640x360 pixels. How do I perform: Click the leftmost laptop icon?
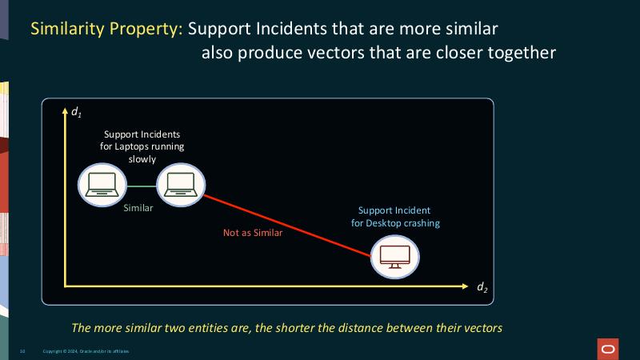click(x=102, y=185)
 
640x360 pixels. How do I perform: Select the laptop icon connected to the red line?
click(x=177, y=185)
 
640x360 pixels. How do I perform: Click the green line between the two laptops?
click(x=139, y=186)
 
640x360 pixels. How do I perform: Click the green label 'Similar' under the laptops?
click(x=138, y=209)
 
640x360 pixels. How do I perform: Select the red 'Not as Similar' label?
click(x=253, y=234)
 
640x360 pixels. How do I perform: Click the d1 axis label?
click(x=76, y=112)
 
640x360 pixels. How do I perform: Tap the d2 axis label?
click(x=482, y=287)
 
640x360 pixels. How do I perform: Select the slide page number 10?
click(x=23, y=351)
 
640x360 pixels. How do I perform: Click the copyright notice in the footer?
click(x=85, y=351)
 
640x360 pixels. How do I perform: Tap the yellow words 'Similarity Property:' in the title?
click(x=107, y=29)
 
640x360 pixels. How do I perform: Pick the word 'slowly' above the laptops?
click(x=142, y=158)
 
